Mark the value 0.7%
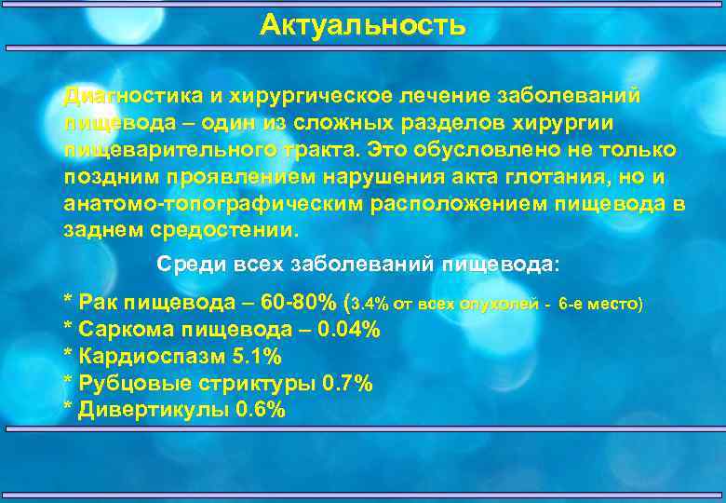[346, 384]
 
